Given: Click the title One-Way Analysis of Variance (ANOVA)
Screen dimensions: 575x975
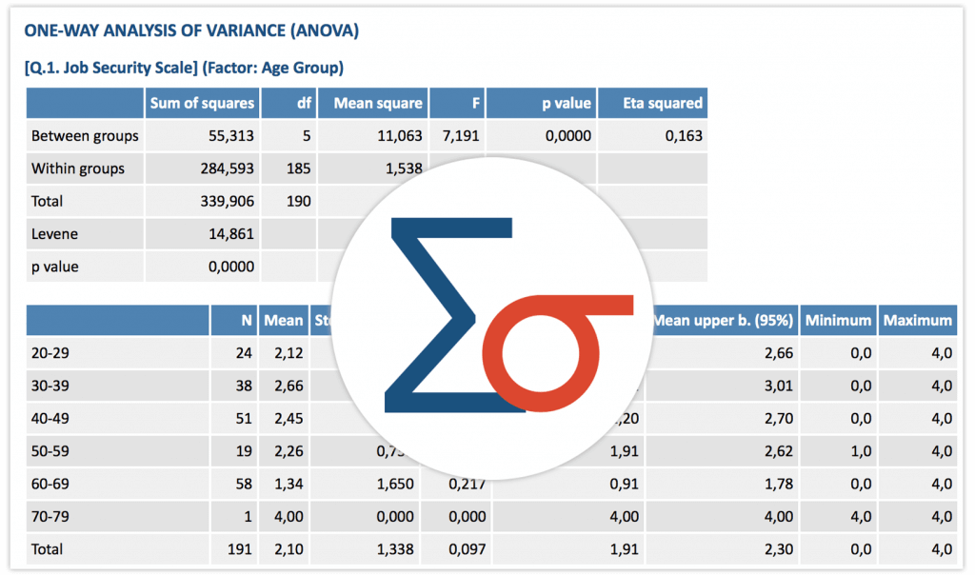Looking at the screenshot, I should [190, 31].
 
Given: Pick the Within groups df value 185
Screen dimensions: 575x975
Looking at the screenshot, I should [299, 169].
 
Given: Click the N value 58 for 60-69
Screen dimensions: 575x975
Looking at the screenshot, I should [244, 484].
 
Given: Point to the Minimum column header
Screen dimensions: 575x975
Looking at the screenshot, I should [837, 321].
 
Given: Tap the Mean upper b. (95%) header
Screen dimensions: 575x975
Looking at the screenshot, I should [724, 321].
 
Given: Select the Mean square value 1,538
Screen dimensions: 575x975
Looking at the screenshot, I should [403, 169].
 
